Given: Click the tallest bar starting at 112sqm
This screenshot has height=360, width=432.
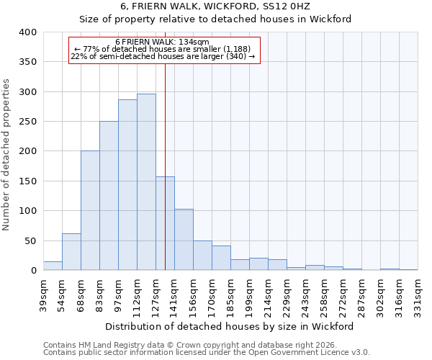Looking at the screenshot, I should pos(146,182).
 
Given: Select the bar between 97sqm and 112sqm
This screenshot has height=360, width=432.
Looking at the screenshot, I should pos(127,185).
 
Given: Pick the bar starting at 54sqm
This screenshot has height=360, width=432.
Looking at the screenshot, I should pos(71,252).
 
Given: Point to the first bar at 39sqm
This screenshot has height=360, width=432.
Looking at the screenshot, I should pos(53,266).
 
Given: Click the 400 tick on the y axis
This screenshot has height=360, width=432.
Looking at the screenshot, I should pos(27,32).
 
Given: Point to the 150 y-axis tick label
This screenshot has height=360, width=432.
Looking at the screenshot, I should pos(27,181).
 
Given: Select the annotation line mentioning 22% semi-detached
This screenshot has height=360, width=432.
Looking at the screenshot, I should pos(163,56).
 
